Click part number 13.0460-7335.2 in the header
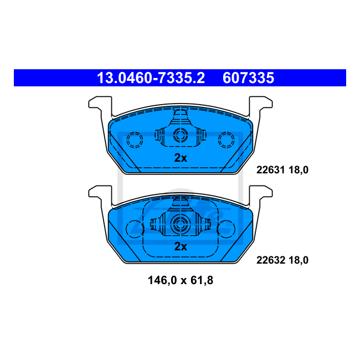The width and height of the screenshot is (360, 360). click(151, 78)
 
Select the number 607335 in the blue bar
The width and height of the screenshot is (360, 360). click(248, 78)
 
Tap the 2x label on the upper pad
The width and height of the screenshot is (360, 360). click(181, 158)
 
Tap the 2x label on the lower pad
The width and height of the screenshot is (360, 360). click(181, 247)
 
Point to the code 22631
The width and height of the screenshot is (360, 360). click(269, 170)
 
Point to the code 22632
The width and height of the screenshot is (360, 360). click(269, 259)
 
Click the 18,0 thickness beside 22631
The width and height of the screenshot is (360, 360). click(297, 170)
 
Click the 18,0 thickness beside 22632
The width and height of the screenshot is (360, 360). click(297, 259)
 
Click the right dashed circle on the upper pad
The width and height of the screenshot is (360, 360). click(226, 140)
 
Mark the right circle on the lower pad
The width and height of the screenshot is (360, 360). click(226, 228)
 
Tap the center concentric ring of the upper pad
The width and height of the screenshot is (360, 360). click(180, 135)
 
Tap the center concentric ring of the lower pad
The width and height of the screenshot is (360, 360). click(180, 224)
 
